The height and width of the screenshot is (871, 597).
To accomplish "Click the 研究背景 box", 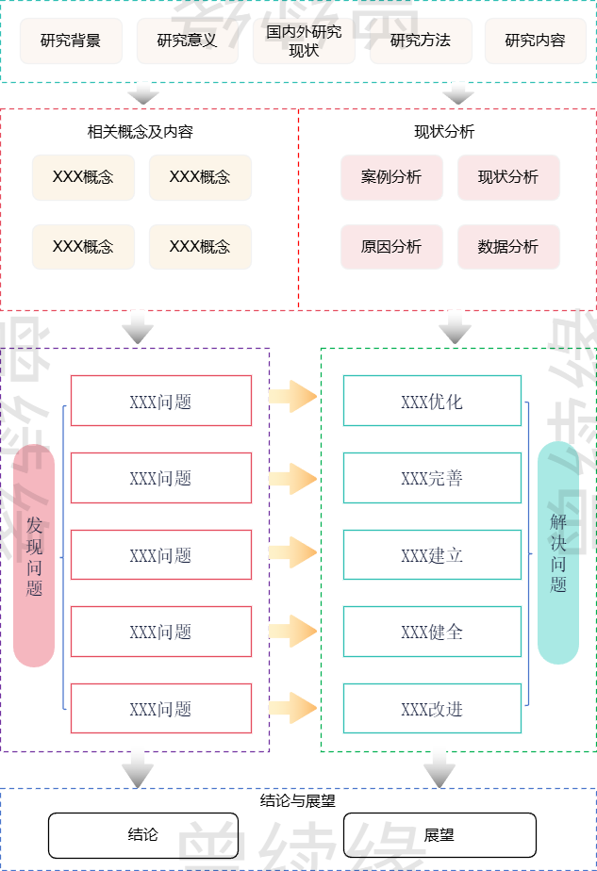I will click(71, 41).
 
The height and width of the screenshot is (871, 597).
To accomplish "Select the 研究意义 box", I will click(187, 41).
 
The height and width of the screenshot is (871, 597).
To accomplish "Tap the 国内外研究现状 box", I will click(304, 41).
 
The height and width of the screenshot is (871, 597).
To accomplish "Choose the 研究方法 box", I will click(421, 41).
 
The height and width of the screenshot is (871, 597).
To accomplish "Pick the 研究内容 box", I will click(535, 41).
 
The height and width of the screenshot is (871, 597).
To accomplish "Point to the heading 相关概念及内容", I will click(141, 132).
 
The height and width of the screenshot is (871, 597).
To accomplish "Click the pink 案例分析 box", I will click(391, 177).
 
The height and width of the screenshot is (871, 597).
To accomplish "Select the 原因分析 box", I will click(391, 247).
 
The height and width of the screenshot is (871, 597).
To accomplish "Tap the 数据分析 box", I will click(508, 247).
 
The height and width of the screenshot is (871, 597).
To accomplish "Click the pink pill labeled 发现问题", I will click(35, 555).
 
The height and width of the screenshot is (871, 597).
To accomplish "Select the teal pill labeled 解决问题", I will click(558, 552).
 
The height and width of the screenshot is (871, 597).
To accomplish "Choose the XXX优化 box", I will click(432, 401).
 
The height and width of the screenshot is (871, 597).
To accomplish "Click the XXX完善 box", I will click(432, 478).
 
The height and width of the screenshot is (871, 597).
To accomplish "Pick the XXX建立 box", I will click(432, 554).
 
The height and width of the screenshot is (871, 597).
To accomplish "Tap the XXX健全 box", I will click(432, 632).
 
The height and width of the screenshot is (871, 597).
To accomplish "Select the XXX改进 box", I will click(432, 708).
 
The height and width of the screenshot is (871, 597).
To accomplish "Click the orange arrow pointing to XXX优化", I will click(292, 396).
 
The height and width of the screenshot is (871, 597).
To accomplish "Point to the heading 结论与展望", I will click(298, 801).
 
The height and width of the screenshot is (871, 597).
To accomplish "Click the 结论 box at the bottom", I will click(143, 835).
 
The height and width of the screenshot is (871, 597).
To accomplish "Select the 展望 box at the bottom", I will click(439, 835).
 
